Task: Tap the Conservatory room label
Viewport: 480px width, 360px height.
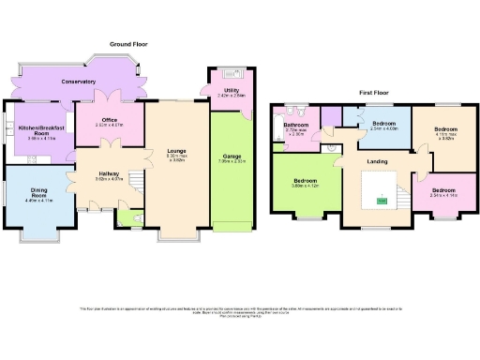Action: click(x=78, y=82)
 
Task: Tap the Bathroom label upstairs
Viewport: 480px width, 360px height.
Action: click(x=297, y=125)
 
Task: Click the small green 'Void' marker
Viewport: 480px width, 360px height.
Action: click(x=382, y=201)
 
